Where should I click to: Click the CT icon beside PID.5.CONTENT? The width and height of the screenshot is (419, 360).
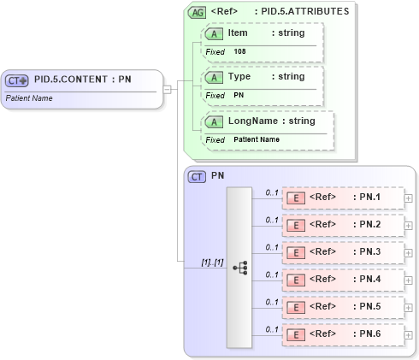tap(17, 80)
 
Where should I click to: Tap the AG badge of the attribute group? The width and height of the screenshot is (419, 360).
tap(197, 13)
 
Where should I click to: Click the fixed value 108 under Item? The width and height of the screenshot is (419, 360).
tap(240, 51)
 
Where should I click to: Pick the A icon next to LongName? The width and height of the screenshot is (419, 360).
tap(214, 121)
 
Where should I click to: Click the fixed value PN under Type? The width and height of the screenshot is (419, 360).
tap(239, 95)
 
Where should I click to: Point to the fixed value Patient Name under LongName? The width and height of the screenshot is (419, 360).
tap(257, 139)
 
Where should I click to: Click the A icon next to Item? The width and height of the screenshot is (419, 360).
tap(214, 32)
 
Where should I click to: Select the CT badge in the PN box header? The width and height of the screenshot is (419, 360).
tap(197, 176)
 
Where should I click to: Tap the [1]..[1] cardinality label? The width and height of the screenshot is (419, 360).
tap(212, 262)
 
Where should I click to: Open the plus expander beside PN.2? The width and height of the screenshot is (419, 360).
tap(408, 226)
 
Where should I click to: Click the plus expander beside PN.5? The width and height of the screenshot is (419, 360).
tap(408, 308)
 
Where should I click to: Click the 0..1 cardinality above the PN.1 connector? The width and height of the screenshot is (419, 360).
tap(272, 192)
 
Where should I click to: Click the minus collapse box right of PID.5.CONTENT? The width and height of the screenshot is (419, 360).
tap(168, 88)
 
